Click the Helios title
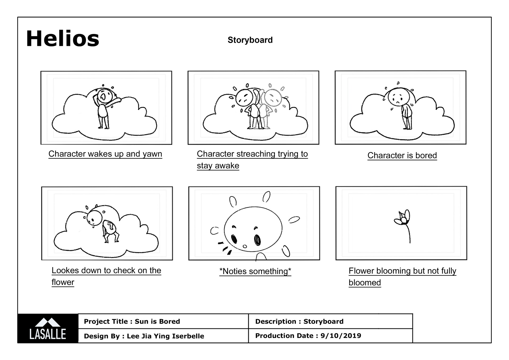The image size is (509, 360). (63, 39)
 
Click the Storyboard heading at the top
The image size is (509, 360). (250, 40)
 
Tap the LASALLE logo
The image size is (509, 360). (48, 329)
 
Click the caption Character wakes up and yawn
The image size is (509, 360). (105, 154)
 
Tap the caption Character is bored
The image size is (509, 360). (402, 155)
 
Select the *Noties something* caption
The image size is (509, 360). (255, 271)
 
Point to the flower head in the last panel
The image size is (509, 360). (403, 219)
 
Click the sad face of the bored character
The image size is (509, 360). (397, 98)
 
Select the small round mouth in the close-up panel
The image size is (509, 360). (245, 246)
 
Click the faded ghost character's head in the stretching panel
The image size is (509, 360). (273, 98)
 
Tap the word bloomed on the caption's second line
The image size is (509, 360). (365, 283)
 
